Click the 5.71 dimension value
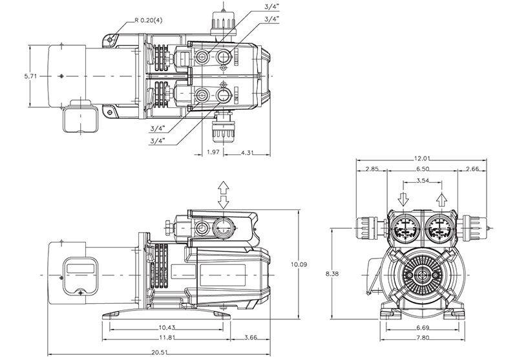point(30,76)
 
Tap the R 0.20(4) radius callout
point(149,21)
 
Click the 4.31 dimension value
point(247,153)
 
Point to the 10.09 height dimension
point(299,264)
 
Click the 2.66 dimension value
point(473,169)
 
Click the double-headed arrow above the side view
point(224,193)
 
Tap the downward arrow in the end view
point(401,197)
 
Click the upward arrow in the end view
point(441,197)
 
